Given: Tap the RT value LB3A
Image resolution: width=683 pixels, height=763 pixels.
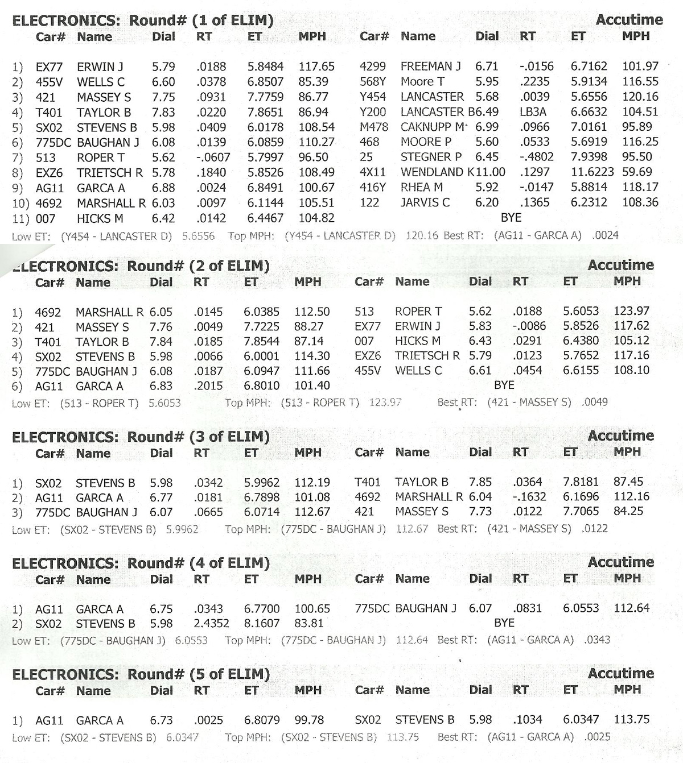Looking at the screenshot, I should (x=532, y=112).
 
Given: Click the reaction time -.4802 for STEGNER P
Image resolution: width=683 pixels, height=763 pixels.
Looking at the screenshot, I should (x=536, y=157).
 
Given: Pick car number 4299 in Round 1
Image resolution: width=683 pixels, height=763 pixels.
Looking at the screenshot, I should (x=372, y=67).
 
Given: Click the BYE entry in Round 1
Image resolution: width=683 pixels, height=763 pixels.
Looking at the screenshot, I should (x=511, y=218).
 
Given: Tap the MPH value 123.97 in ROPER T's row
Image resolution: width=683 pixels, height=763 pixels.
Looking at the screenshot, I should (x=631, y=311).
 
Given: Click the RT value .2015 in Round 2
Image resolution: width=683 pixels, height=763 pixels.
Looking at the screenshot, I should (x=208, y=386).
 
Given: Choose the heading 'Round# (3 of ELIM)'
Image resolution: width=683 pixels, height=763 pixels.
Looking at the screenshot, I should (x=198, y=437).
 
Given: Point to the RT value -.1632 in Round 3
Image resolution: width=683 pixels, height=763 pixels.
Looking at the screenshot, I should (x=529, y=496).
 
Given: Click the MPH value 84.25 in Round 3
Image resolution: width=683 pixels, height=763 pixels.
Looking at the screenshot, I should (x=628, y=511).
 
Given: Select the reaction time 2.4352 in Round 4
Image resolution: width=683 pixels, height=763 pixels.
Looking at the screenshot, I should (x=211, y=624).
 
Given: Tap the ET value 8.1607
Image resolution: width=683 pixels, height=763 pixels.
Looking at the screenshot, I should (x=261, y=624).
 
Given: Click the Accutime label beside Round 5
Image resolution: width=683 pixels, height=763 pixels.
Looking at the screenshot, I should (x=620, y=674).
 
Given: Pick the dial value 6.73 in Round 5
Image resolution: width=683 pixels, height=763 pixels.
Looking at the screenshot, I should (x=161, y=720).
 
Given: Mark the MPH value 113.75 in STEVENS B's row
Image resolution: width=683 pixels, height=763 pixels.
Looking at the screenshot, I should (x=631, y=719).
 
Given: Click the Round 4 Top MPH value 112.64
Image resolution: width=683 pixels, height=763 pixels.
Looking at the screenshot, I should (x=412, y=640).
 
